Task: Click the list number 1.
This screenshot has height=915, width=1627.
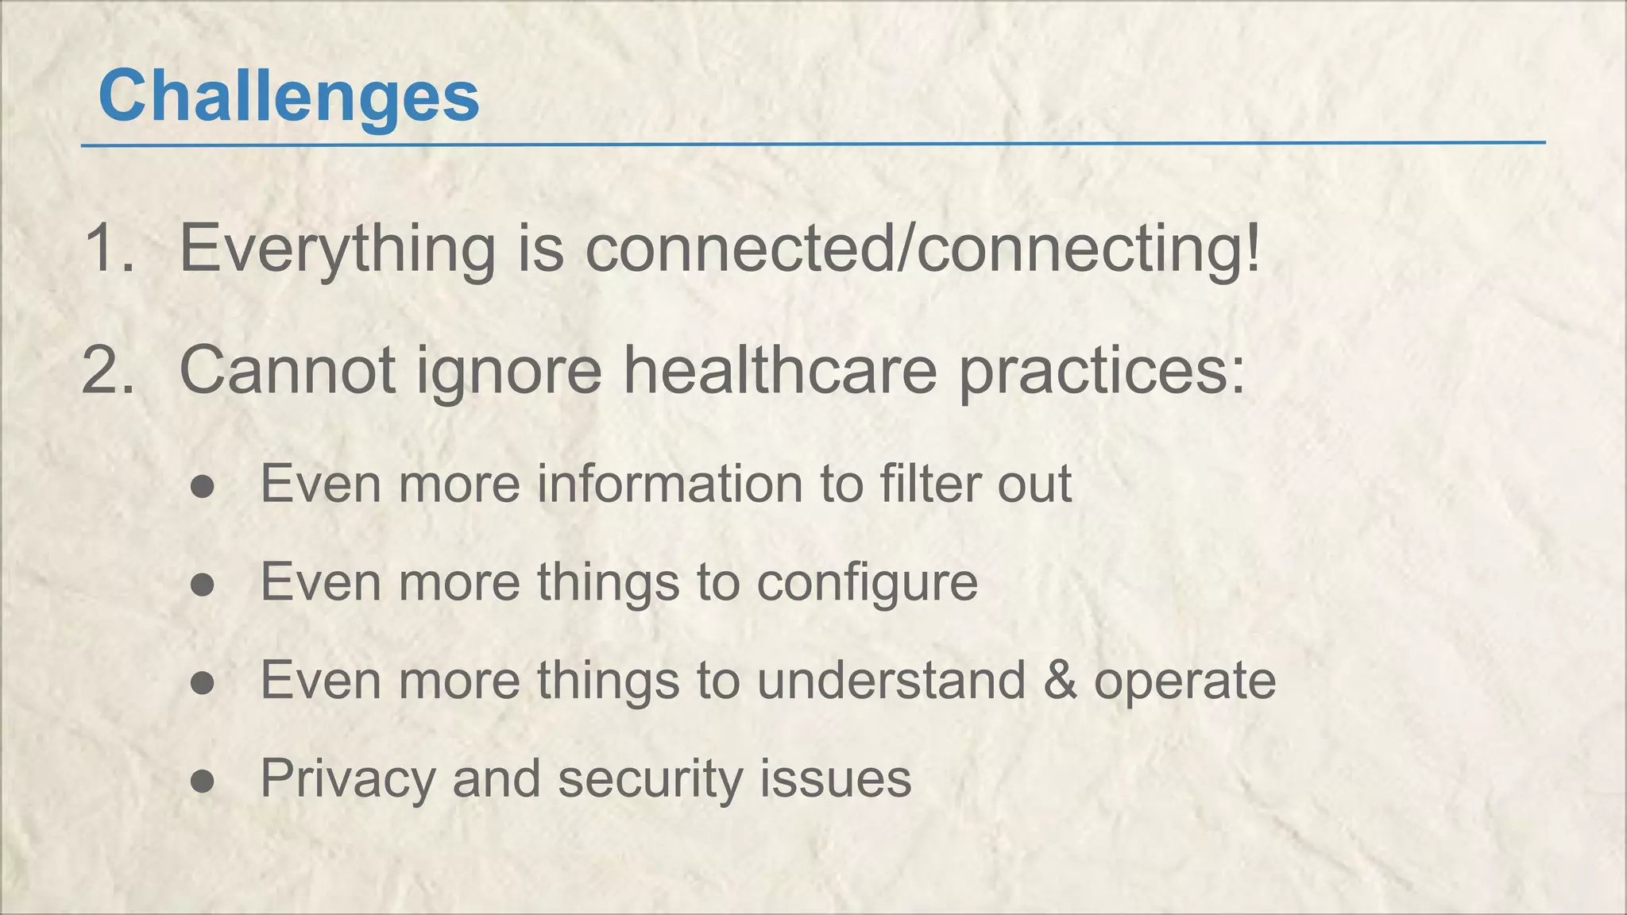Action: (x=108, y=248)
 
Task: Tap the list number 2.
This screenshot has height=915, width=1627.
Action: (x=108, y=369)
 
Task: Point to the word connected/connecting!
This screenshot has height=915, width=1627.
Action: (x=922, y=249)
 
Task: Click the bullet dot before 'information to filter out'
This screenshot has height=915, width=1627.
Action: (x=203, y=486)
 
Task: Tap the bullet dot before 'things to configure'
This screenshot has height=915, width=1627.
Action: (x=203, y=585)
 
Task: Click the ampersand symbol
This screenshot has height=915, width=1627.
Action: (x=1060, y=681)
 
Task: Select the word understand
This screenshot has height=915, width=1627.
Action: (x=891, y=681)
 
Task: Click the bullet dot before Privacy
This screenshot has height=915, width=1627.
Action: (x=203, y=781)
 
